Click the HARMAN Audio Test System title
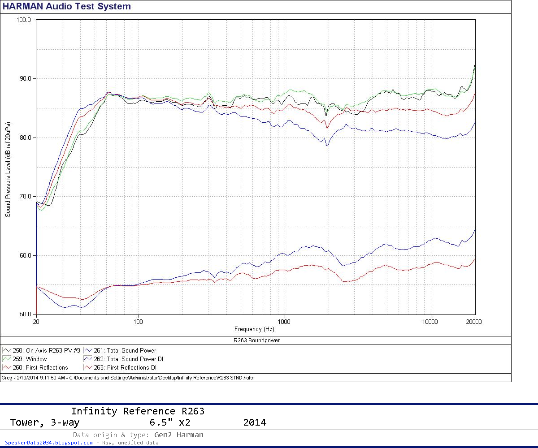67,6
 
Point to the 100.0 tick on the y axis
23,20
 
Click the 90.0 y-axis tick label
23,78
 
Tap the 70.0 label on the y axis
23,196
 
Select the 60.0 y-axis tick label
23,255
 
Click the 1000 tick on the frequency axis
284,321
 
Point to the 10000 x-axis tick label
430,321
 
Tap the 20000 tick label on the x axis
474,321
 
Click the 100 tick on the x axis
139,321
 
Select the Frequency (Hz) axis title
254,329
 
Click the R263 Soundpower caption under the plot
256,340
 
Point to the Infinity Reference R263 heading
137,411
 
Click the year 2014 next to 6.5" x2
255,422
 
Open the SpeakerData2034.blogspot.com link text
49,443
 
